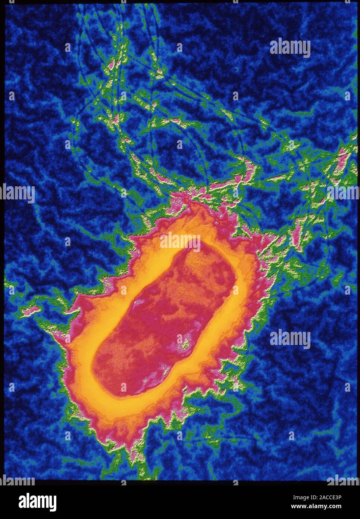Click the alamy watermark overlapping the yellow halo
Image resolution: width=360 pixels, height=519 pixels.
[180, 240]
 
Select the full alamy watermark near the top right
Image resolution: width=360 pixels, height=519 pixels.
[290, 48]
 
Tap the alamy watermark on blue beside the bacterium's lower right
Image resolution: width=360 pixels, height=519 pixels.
[290, 339]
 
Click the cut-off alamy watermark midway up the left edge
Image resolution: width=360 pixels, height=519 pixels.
[17, 193]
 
